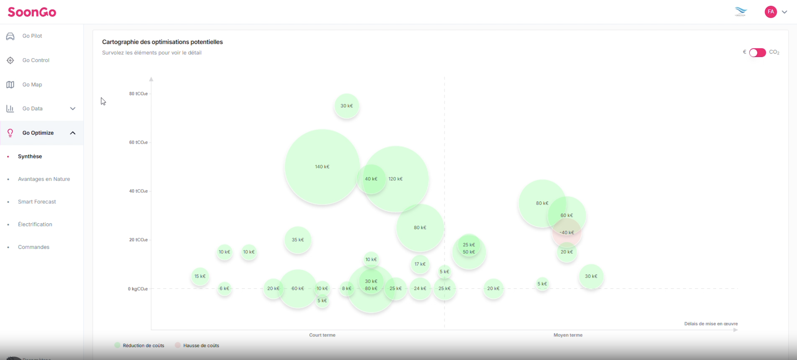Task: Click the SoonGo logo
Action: coord(32,12)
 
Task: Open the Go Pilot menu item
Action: coord(32,36)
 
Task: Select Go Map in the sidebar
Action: coord(32,85)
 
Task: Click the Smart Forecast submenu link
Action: coord(37,202)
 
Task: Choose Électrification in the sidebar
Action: coord(35,224)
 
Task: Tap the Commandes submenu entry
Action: coord(33,247)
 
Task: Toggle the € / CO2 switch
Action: coord(757,53)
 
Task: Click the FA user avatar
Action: coord(770,12)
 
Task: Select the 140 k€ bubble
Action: coord(322,167)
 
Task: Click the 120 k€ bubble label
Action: coord(395,179)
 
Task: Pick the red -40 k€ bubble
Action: coord(567,233)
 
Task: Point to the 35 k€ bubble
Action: coord(298,240)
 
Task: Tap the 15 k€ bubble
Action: coord(200,276)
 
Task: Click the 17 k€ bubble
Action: coord(420,264)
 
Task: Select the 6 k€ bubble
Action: coord(224,288)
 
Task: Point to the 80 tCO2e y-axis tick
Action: coord(138,93)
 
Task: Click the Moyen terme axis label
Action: coord(568,335)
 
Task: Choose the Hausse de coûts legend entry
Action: coord(201,345)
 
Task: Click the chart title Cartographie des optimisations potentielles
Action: coord(162,42)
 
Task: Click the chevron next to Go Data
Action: coord(73,109)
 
